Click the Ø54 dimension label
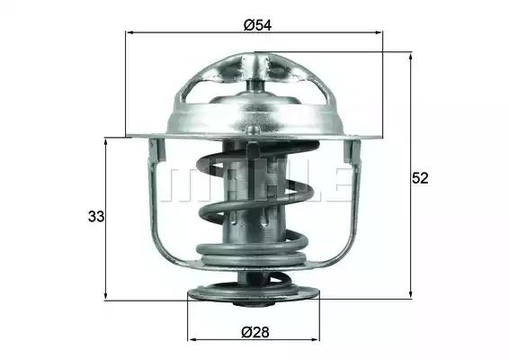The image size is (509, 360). [x=257, y=25]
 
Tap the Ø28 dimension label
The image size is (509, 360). [x=255, y=332]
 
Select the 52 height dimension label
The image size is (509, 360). [x=420, y=178]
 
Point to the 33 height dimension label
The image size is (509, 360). [x=96, y=216]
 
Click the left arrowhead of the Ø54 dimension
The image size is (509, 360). [x=129, y=32]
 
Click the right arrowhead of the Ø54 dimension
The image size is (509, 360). [x=379, y=32]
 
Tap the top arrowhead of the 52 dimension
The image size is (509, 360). [x=411, y=57]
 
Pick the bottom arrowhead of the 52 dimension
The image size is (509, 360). [x=411, y=294]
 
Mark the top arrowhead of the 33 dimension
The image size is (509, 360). [x=105, y=141]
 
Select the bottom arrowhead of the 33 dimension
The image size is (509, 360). [x=105, y=296]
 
